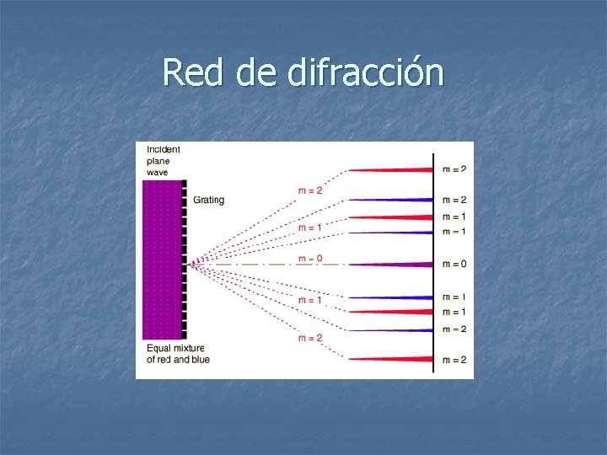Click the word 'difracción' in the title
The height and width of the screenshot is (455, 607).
coord(366,72)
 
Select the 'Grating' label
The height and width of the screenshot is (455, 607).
coord(208,200)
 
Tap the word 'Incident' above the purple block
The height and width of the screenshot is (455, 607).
coord(164,150)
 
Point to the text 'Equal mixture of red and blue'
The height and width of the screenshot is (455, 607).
coord(177,354)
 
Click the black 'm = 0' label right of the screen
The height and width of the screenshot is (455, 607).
coord(454,265)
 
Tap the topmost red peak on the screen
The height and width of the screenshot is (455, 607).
coord(396,169)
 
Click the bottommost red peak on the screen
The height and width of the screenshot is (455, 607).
coord(396,360)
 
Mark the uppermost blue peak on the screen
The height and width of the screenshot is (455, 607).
coord(396,200)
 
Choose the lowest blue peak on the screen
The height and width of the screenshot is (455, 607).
coord(396,329)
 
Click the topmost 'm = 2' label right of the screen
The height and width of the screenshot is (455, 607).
coord(454,169)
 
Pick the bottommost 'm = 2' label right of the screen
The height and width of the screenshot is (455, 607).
coord(454,361)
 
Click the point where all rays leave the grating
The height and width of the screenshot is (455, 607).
coord(192,265)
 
